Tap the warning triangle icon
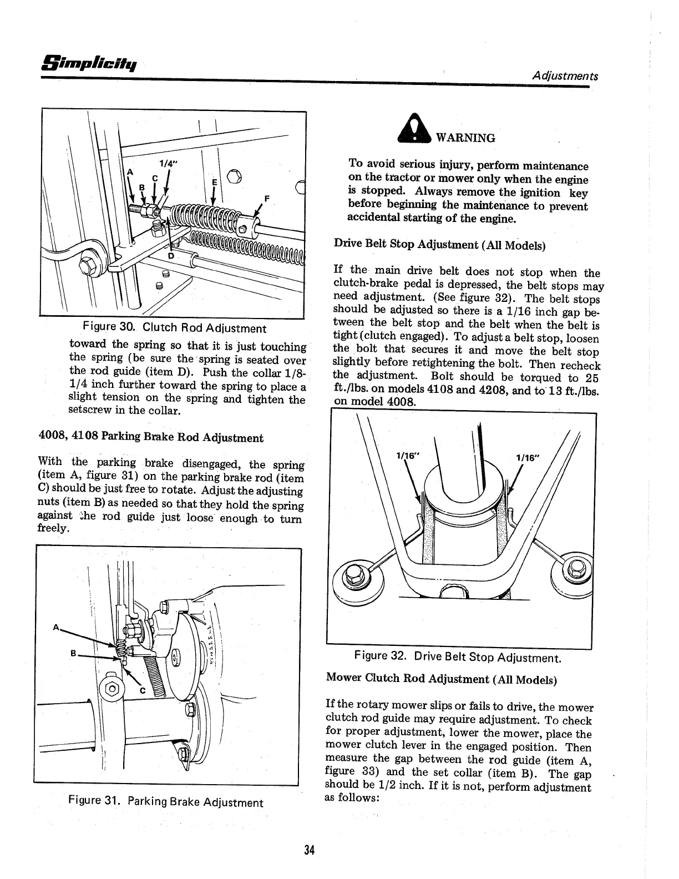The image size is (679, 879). point(417,133)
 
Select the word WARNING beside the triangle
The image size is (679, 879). point(466,138)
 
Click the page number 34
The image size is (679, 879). point(310,850)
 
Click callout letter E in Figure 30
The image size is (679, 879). point(214,182)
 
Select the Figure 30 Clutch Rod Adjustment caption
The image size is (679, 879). point(174,329)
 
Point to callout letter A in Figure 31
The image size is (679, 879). point(56,628)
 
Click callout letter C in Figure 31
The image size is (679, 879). point(142,691)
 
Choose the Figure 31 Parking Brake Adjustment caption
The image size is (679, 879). point(165,802)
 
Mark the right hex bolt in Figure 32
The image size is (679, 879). point(575,568)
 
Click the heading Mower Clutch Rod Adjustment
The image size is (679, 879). point(442,679)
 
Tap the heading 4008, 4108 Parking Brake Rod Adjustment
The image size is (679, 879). point(150,438)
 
